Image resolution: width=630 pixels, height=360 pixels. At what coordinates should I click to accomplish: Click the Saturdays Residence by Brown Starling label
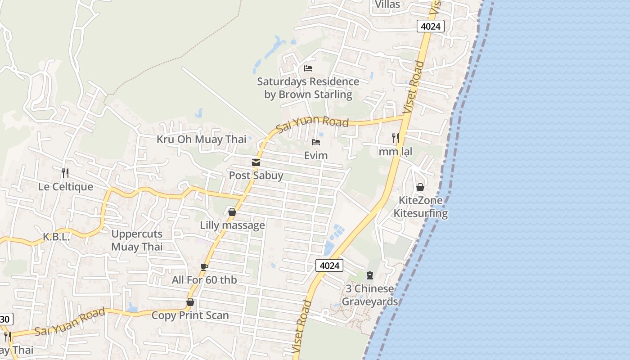[x=308, y=88]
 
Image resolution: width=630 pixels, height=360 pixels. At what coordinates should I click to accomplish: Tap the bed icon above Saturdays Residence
[x=308, y=68]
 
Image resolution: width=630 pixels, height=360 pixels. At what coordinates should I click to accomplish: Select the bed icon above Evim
[x=316, y=142]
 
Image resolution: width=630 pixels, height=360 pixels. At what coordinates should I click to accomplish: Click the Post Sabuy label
[x=256, y=175]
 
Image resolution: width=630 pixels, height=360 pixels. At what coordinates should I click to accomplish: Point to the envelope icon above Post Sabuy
[x=256, y=162]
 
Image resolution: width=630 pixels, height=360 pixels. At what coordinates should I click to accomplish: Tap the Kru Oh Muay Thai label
[x=201, y=139]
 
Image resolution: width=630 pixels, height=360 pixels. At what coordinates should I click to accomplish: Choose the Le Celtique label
[x=66, y=186]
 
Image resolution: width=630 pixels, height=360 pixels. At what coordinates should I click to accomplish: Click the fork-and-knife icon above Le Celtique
[x=65, y=173]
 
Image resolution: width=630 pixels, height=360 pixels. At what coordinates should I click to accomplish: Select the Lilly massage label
[x=232, y=225]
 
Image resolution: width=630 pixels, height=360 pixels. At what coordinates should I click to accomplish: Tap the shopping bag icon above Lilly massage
[x=232, y=212]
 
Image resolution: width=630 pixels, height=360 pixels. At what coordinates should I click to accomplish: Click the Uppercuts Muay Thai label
[x=137, y=240]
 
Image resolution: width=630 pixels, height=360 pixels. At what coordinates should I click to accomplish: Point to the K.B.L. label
[x=56, y=237]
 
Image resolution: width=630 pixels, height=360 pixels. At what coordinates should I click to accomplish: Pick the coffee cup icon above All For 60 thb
[x=204, y=267]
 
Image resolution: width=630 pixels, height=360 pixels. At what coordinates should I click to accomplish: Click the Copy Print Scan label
[x=190, y=315]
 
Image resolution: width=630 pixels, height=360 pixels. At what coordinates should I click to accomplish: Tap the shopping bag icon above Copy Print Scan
[x=190, y=302]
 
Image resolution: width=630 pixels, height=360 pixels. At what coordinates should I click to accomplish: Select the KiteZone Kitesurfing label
[x=421, y=207]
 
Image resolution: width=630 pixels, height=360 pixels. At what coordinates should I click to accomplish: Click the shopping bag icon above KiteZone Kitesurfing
[x=420, y=187]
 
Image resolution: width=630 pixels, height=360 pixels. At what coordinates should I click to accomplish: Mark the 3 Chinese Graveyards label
[x=370, y=295]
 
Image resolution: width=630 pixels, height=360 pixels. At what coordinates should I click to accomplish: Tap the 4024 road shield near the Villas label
[x=431, y=26]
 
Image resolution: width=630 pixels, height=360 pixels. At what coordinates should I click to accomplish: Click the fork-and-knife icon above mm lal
[x=395, y=138]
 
